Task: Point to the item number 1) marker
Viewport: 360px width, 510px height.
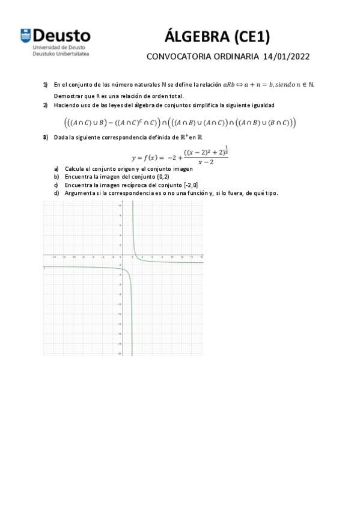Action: click(45, 85)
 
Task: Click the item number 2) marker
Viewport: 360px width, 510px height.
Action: click(45, 105)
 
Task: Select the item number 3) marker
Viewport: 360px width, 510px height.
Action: click(45, 138)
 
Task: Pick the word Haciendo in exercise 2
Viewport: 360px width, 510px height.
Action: click(67, 105)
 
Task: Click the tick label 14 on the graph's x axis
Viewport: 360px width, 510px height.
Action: click(192, 257)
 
